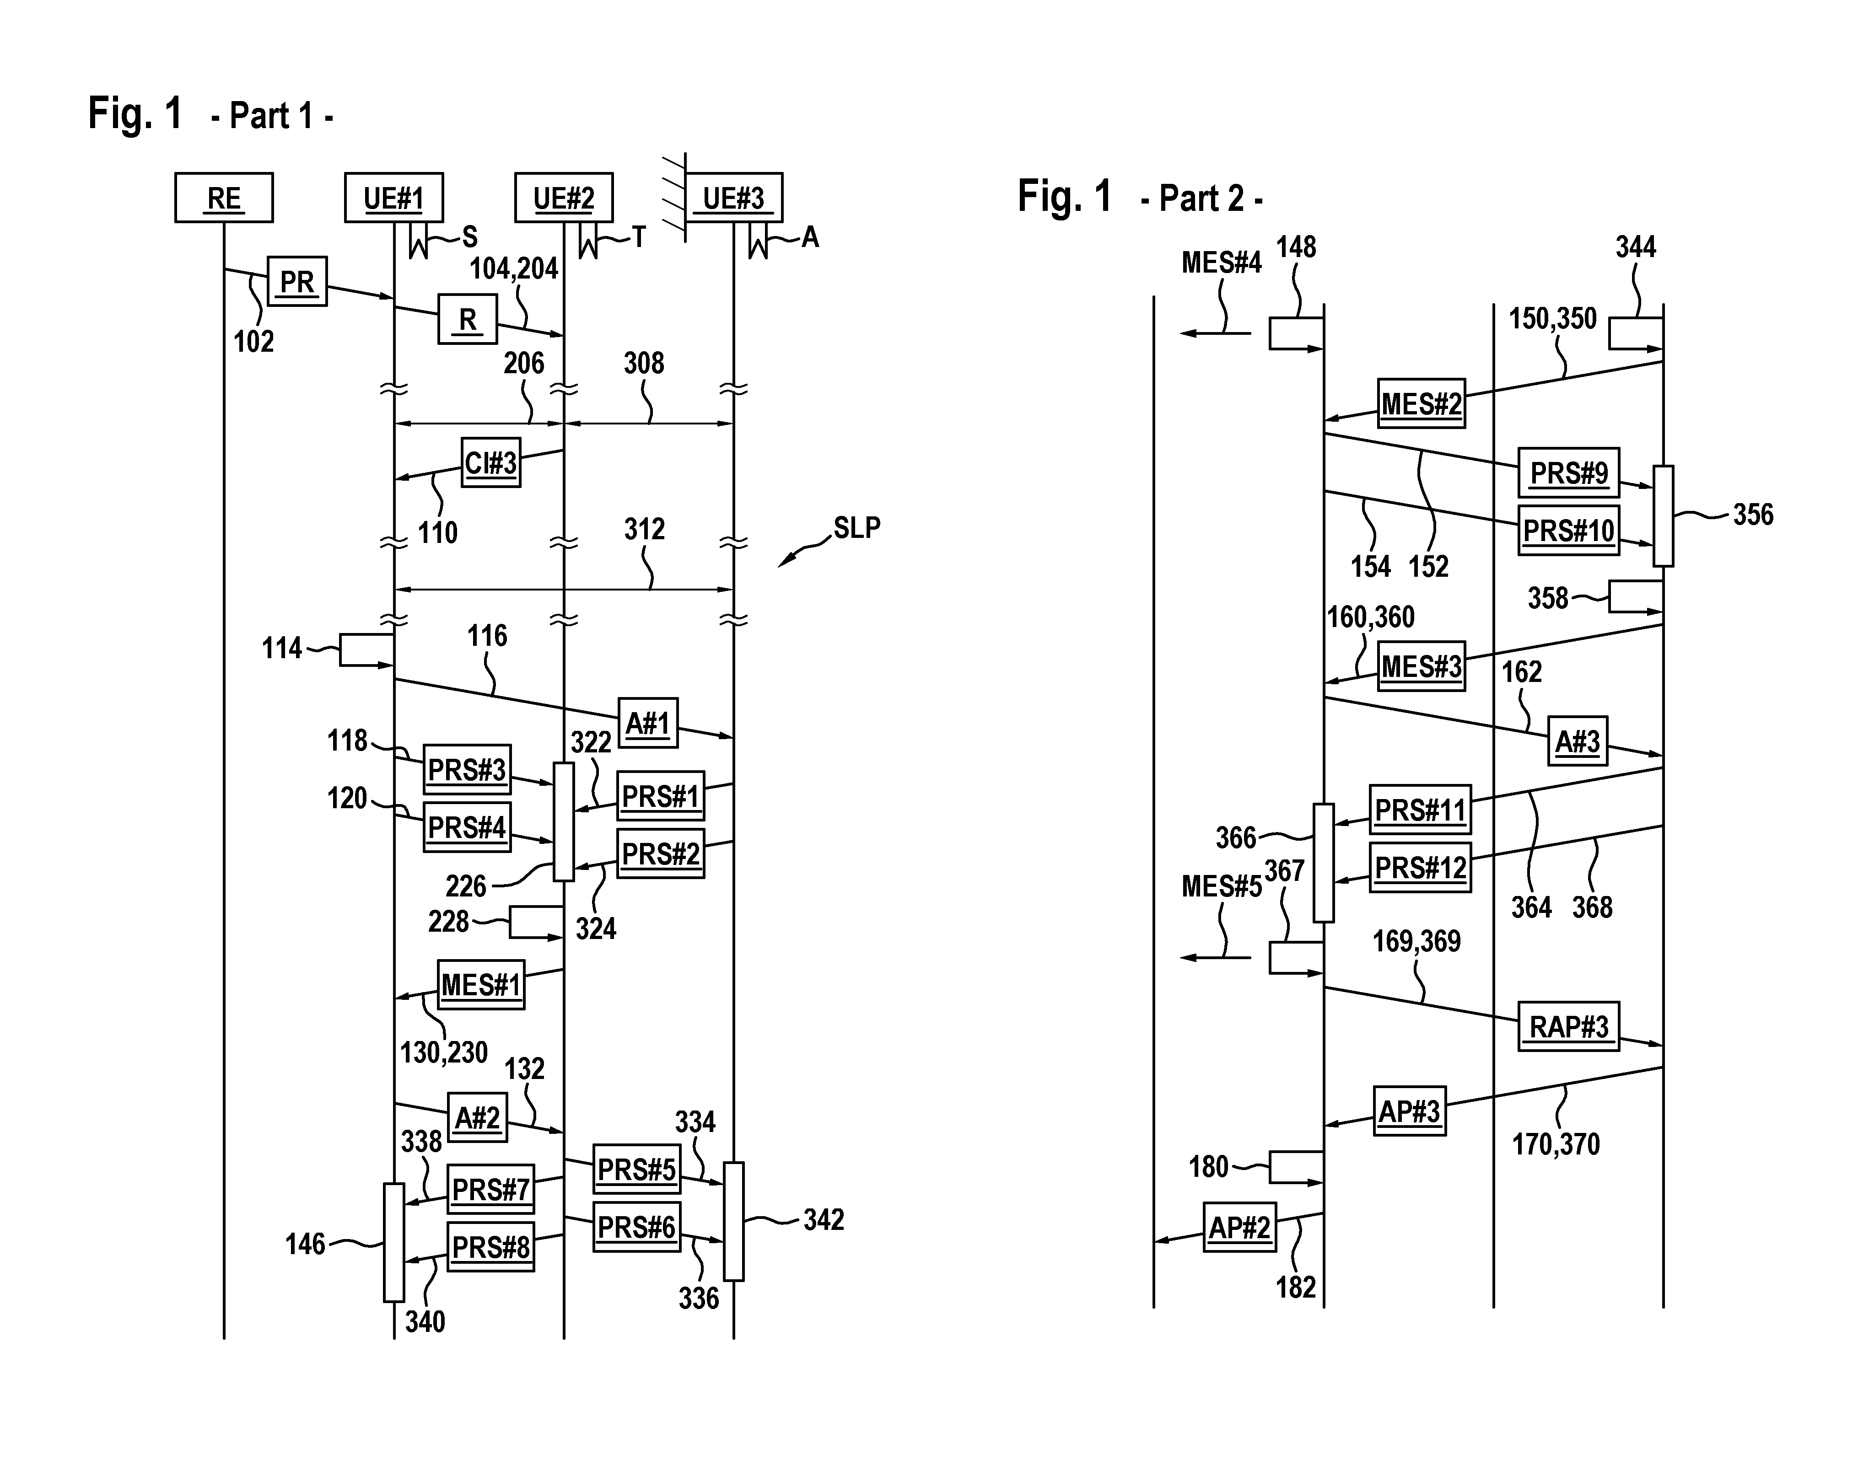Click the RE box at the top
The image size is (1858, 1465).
pos(224,198)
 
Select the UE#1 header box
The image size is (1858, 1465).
pos(394,198)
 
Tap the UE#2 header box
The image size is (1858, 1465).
pos(564,198)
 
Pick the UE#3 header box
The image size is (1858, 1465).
pos(733,198)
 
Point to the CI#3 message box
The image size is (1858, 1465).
pos(490,463)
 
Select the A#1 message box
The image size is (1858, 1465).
pos(648,723)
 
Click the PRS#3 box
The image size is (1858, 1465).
pos(467,769)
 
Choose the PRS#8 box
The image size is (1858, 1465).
pos(490,1246)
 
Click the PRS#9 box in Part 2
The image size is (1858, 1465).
pos(1569,472)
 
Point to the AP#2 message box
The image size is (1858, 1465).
pos(1239,1228)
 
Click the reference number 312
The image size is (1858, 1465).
pos(644,529)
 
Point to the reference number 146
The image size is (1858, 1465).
pos(305,1244)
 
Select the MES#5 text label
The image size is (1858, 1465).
pos(1222,886)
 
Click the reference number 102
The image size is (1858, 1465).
pos(254,341)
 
